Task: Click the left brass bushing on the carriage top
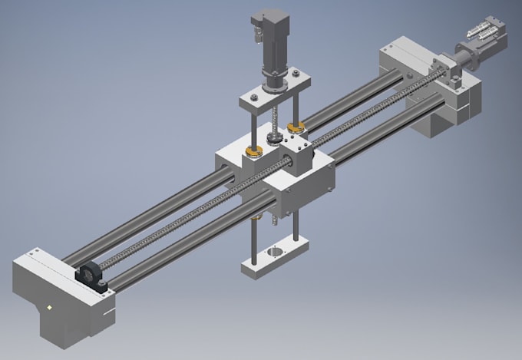[253, 152]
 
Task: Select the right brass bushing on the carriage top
[294, 125]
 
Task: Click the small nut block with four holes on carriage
[295, 144]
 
